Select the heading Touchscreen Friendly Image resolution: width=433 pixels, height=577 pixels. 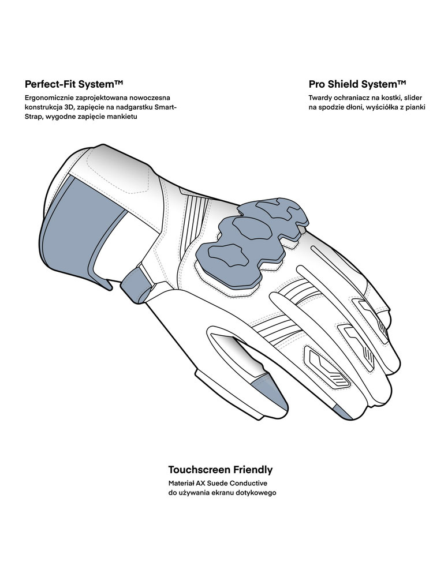pyautogui.click(x=221, y=470)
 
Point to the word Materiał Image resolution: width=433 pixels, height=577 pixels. pyautogui.click(x=181, y=484)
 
